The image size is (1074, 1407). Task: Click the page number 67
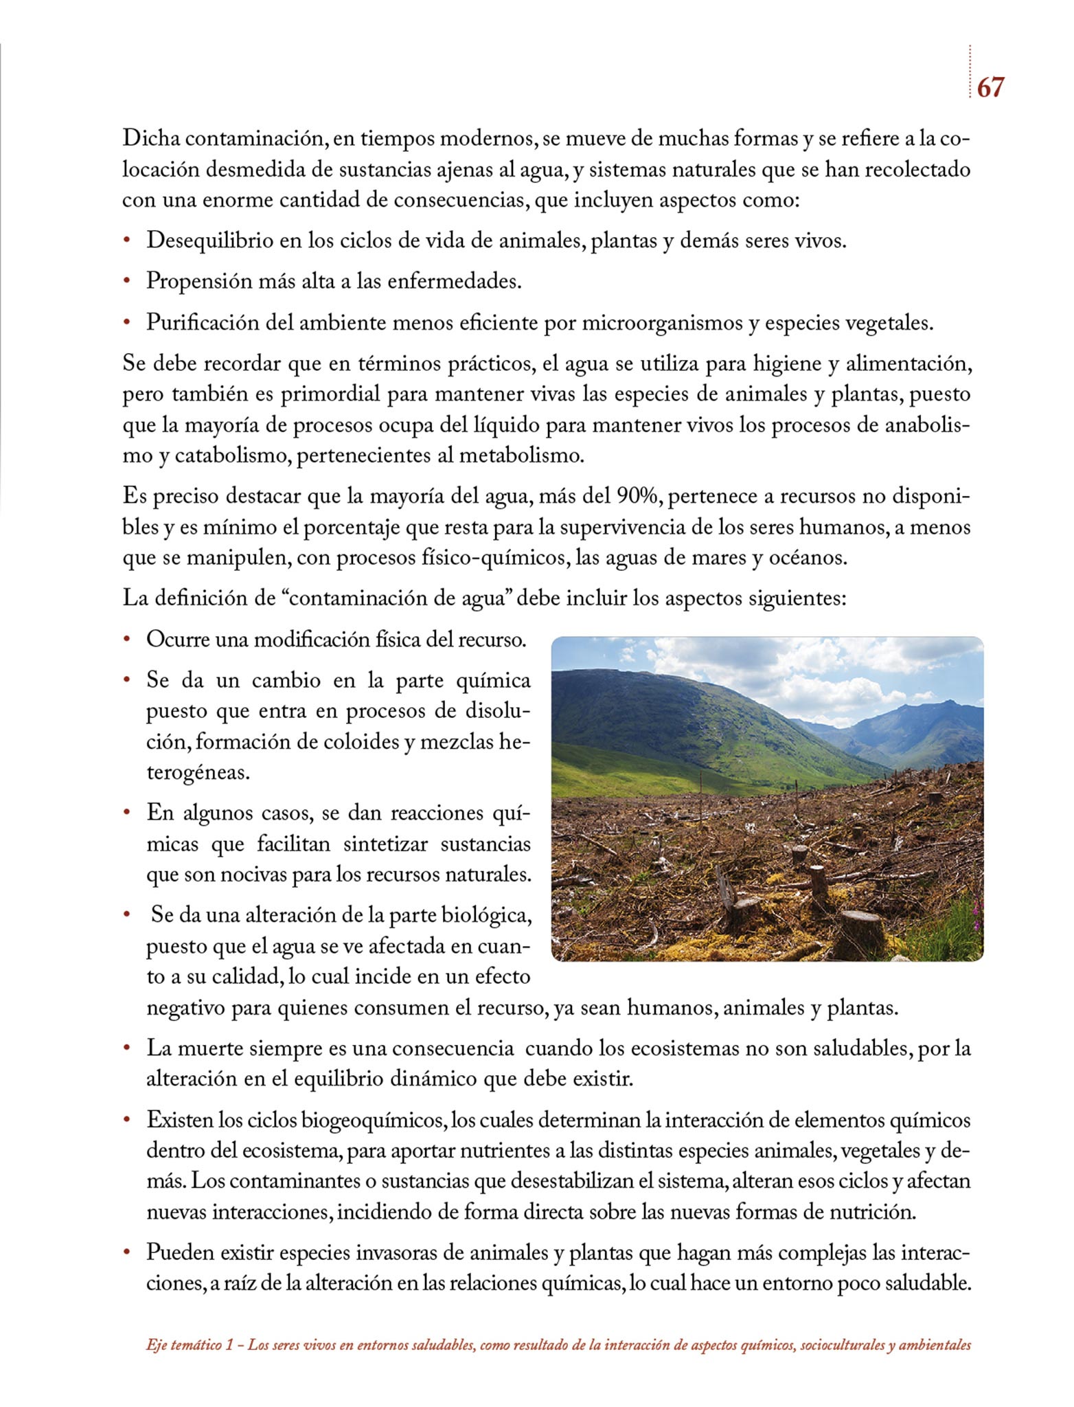tap(990, 87)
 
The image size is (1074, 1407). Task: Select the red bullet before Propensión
tap(126, 282)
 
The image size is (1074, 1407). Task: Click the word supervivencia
tap(632, 527)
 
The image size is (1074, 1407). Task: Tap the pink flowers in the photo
tap(976, 914)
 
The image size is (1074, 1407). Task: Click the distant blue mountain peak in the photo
tap(950, 704)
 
